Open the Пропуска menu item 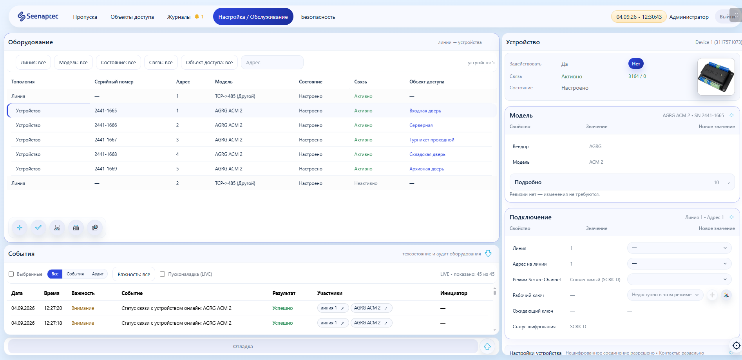point(85,17)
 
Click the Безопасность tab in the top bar point(318,17)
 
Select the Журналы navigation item point(179,17)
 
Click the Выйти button point(727,17)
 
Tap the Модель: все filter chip point(73,62)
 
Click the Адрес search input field point(272,62)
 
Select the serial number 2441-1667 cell point(106,140)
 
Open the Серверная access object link point(421,125)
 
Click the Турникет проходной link point(432,140)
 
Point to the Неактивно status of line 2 point(366,183)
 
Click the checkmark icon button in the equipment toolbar point(38,228)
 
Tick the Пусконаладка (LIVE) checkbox point(163,274)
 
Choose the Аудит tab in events point(98,274)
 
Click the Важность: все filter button point(134,274)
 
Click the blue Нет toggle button point(636,64)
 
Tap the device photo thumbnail point(716,77)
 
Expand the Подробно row point(622,182)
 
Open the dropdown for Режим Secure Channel point(679,279)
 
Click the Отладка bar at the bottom point(243,346)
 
